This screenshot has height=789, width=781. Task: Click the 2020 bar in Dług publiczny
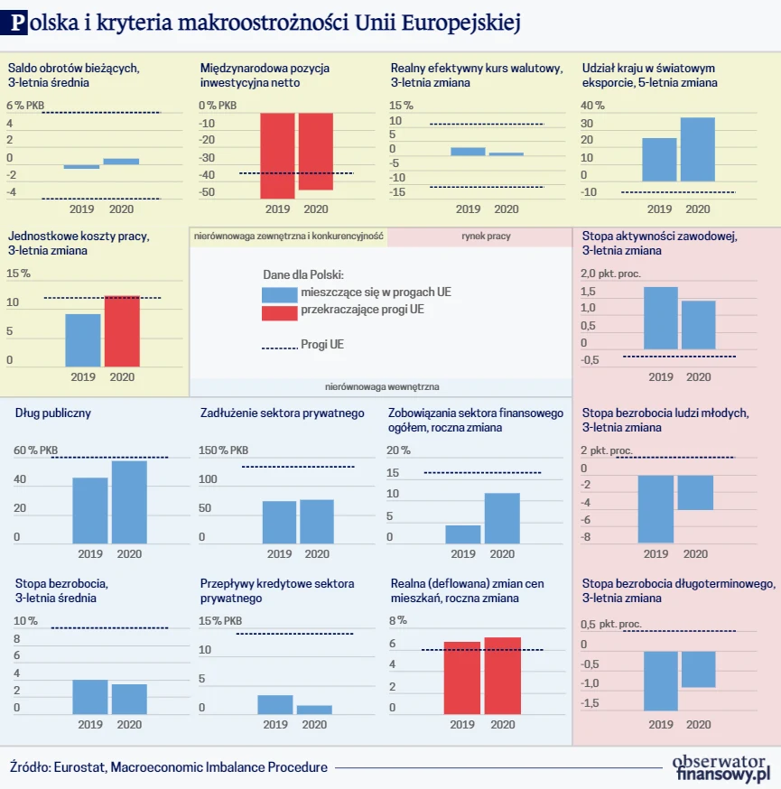pos(129,502)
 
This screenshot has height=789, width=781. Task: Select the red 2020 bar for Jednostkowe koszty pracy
pos(122,331)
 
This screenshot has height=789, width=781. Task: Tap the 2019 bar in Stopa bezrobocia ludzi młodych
pos(656,509)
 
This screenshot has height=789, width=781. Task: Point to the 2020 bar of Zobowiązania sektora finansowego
pos(502,519)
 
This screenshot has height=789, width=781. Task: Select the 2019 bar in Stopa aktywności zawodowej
pos(660,318)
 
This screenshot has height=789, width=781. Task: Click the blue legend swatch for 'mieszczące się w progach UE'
pos(278,294)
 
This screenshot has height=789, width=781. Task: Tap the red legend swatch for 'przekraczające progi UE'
pos(278,312)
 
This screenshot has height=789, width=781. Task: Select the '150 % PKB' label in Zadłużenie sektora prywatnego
pos(223,450)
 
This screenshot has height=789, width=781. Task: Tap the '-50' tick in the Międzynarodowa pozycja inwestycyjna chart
pos(207,192)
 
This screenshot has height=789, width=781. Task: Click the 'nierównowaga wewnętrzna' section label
pos(382,386)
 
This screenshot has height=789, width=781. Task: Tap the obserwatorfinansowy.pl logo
pos(721,766)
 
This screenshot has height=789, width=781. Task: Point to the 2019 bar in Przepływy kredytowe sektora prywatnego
pos(275,704)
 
